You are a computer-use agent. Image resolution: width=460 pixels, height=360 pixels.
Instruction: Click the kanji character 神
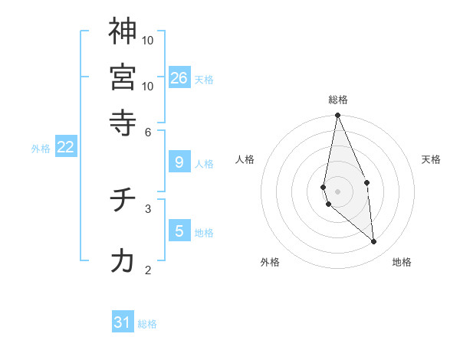[123, 31]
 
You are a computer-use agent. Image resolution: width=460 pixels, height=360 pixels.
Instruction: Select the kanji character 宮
[123, 77]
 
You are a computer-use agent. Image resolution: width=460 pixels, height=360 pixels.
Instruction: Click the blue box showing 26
[179, 77]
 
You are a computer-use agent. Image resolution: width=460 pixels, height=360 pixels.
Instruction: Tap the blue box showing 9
[179, 162]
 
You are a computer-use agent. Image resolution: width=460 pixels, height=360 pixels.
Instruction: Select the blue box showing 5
[179, 231]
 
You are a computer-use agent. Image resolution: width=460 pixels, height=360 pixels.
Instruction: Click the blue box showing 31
[123, 322]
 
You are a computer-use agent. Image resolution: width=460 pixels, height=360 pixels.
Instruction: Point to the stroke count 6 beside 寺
[148, 132]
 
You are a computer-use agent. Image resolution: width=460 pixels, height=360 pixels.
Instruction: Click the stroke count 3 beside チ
[148, 208]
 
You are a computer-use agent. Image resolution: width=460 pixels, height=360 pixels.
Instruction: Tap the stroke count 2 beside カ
[148, 270]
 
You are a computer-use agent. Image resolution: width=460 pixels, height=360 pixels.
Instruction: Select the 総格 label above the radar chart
[338, 100]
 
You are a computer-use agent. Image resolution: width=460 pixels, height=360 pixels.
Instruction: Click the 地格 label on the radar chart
[402, 262]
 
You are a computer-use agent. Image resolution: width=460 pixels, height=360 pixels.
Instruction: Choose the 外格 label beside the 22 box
[40, 149]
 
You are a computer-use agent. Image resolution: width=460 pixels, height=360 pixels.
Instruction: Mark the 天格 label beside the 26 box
[204, 80]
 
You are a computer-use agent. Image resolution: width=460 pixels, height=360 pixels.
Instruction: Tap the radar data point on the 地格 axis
[374, 241]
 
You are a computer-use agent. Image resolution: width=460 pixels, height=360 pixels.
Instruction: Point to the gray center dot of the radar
[338, 191]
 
